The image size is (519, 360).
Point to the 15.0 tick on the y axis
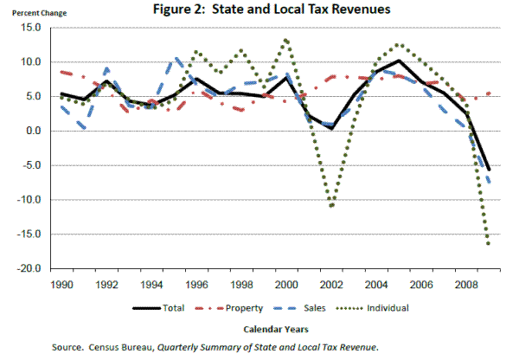(x=31, y=28)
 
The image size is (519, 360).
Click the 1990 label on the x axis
(x=61, y=283)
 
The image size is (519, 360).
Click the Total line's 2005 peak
(x=397, y=61)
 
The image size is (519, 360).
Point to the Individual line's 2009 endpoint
(x=489, y=244)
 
